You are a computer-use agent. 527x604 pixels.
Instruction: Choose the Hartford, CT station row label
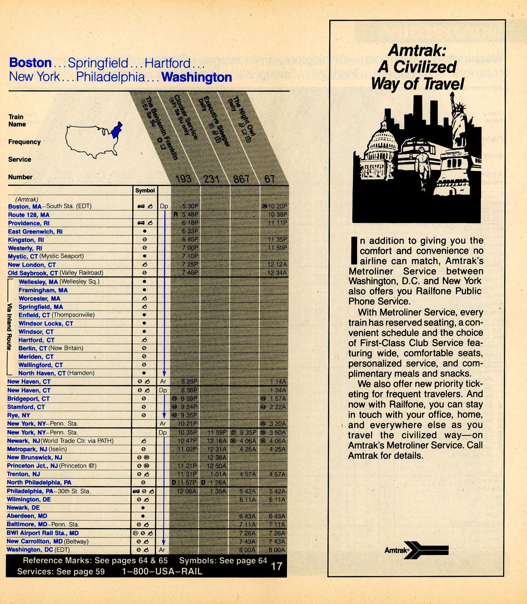pyautogui.click(x=36, y=340)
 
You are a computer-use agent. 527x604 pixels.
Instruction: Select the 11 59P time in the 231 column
pyautogui.click(x=217, y=432)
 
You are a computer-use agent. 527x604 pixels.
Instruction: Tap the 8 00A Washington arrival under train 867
pyautogui.click(x=247, y=550)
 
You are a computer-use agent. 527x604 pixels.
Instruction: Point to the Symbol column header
pyautogui.click(x=145, y=190)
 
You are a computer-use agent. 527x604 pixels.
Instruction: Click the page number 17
pyautogui.click(x=277, y=566)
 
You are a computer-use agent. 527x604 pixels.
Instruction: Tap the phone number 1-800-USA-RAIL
pyautogui.click(x=162, y=571)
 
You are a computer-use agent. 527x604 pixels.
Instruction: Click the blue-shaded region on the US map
pyautogui.click(x=116, y=131)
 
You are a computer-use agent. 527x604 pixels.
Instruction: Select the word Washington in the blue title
pyautogui.click(x=196, y=77)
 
